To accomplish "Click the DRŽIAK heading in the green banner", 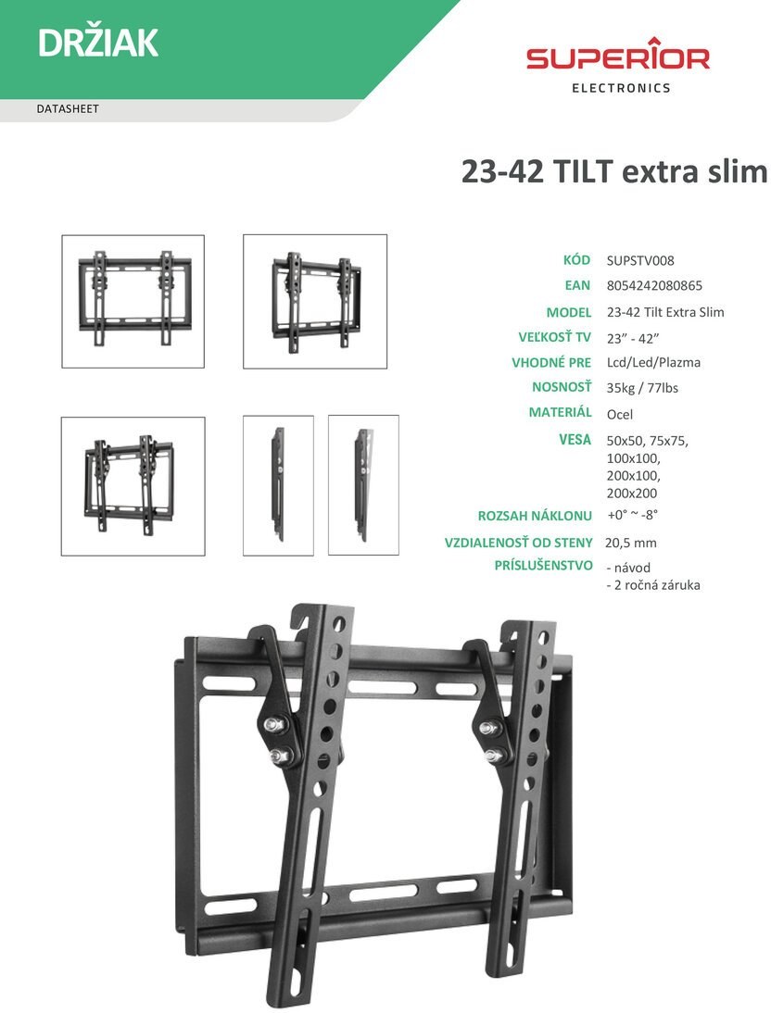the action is point(97,44).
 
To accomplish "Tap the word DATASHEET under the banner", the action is point(68,109).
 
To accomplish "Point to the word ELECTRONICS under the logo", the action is point(622,88).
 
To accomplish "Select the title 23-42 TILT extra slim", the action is point(613,171).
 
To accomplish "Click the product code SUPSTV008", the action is point(640,260).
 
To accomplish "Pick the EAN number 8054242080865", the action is point(654,285).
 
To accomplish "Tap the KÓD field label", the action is point(577,259).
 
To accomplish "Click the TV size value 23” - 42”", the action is point(633,338).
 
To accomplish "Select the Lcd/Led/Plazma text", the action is point(654,362).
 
